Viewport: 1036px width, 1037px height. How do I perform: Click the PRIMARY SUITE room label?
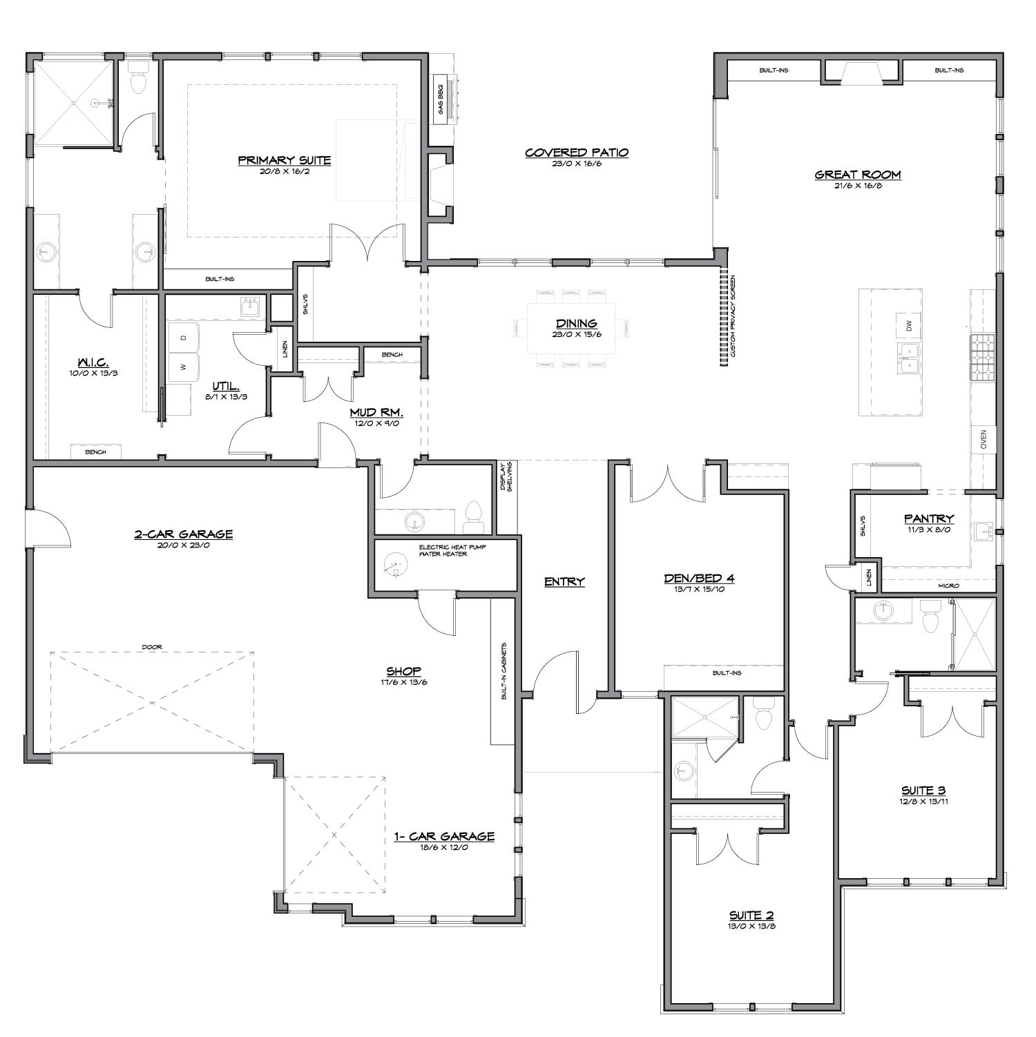click(x=285, y=161)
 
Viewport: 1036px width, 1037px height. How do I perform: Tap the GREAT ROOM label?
click(x=858, y=175)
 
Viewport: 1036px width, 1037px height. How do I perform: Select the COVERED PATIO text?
click(x=577, y=153)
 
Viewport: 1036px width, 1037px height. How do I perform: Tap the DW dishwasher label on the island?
click(x=909, y=324)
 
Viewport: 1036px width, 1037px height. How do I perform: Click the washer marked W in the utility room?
click(x=183, y=367)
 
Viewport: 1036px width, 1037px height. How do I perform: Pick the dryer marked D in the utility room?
click(x=183, y=338)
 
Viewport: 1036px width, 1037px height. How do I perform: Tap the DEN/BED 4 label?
click(x=699, y=579)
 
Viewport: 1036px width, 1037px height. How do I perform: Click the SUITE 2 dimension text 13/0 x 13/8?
click(x=751, y=927)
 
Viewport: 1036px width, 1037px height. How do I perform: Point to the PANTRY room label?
click(x=929, y=518)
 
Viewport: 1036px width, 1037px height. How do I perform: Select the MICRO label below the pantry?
click(x=948, y=585)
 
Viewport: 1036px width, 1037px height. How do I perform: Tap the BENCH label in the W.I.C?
click(x=95, y=452)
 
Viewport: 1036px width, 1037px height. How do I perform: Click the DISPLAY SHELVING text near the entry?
click(x=507, y=477)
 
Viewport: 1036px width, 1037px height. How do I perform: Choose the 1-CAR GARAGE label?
click(x=444, y=837)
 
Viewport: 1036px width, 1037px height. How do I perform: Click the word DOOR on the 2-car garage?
click(x=151, y=647)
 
